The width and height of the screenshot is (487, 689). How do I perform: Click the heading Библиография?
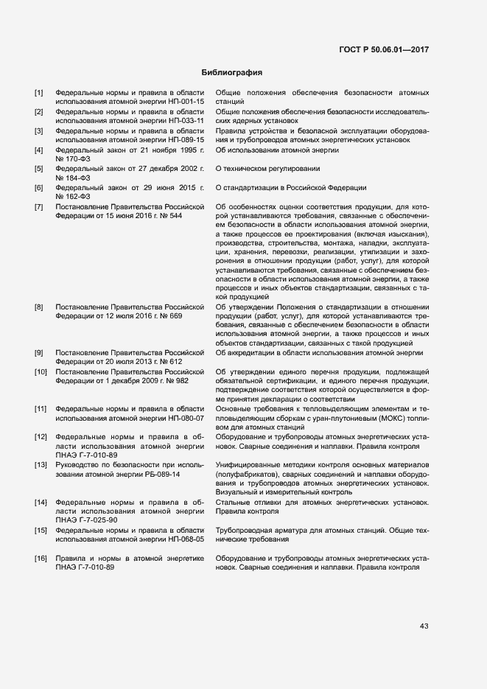(232, 73)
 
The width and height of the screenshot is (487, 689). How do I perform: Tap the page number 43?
(424, 626)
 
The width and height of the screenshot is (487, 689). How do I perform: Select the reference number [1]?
(39, 92)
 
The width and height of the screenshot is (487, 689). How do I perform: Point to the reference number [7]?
(39, 207)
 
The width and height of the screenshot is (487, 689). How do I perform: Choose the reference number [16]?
(41, 558)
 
